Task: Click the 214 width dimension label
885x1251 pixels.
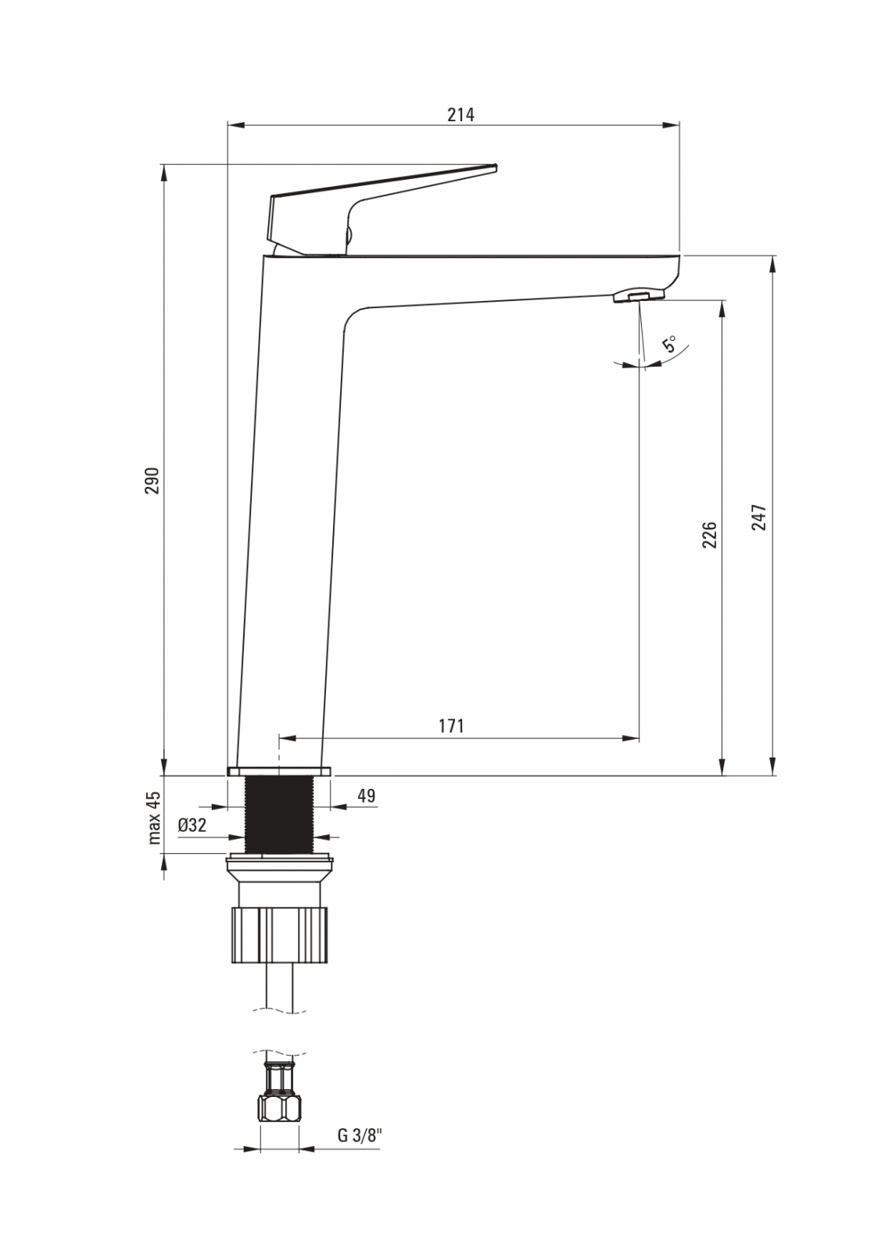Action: tap(460, 114)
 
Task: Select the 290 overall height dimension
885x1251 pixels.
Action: tap(152, 480)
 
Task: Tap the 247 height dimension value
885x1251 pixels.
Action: tap(759, 517)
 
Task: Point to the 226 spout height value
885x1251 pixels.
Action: tap(708, 535)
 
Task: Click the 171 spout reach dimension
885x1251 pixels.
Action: tap(451, 726)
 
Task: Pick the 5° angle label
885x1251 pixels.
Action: tap(669, 344)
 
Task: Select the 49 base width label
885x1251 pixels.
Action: tap(366, 795)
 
